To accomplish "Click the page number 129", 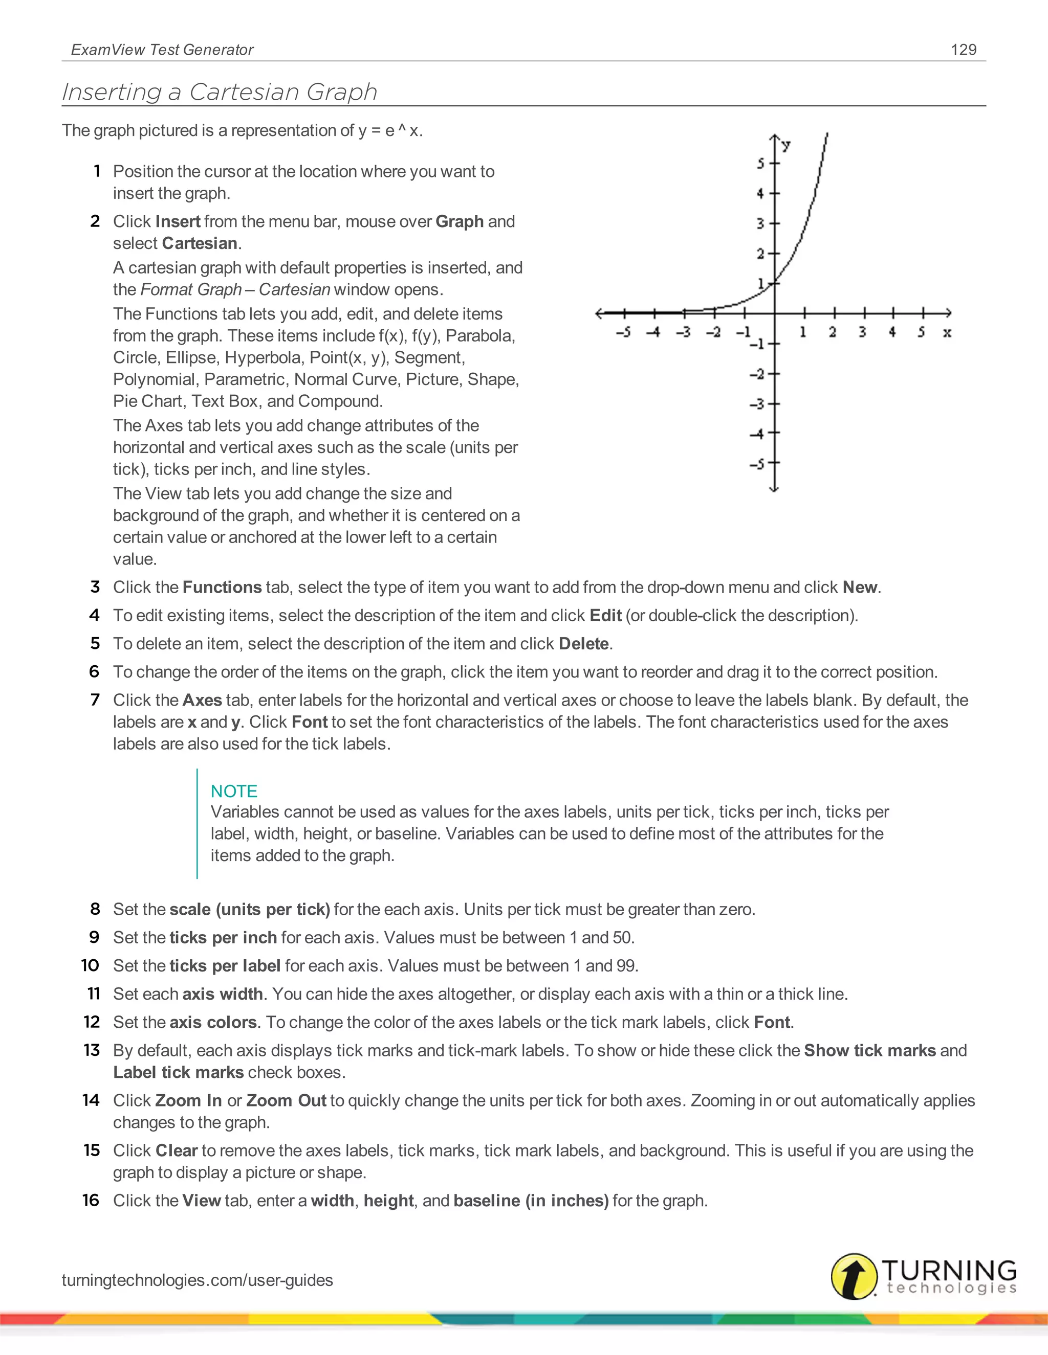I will coord(963,50).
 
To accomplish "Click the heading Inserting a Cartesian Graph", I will coord(220,92).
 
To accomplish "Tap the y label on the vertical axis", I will coord(786,146).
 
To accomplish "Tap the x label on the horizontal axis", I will coord(947,333).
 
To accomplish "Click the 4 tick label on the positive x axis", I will coord(892,332).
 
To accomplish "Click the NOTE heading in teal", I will coord(233,791).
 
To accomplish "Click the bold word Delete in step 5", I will coord(583,643).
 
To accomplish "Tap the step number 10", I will coord(90,965).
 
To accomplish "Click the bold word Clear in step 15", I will coord(177,1150).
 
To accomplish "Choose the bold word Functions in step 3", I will coord(222,587).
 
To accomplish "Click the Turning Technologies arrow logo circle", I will coord(854,1276).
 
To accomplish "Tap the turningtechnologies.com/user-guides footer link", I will coord(198,1280).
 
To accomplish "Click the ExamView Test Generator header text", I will coord(162,50).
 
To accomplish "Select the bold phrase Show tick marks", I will coord(869,1050).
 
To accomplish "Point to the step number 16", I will coord(91,1200).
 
